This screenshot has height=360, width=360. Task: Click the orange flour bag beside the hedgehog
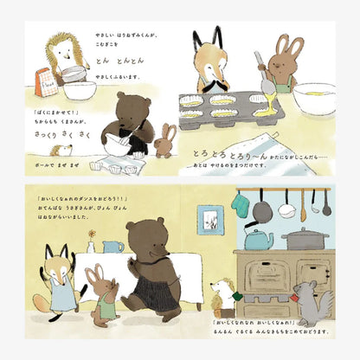click(x=41, y=83)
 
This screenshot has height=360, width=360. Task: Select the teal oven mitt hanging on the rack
click(x=240, y=204)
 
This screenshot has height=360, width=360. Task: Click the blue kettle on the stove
click(x=257, y=236)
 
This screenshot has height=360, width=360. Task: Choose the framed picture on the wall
click(x=209, y=220)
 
